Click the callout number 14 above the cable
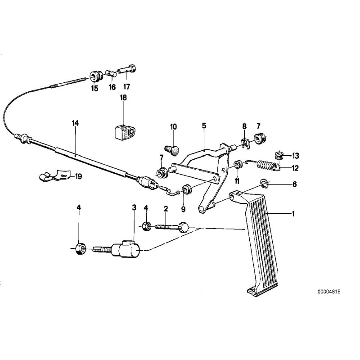(75, 122)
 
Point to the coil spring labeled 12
(269, 165)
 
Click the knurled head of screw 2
(184, 227)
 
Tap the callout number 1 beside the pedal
(293, 214)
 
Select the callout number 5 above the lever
(204, 126)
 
